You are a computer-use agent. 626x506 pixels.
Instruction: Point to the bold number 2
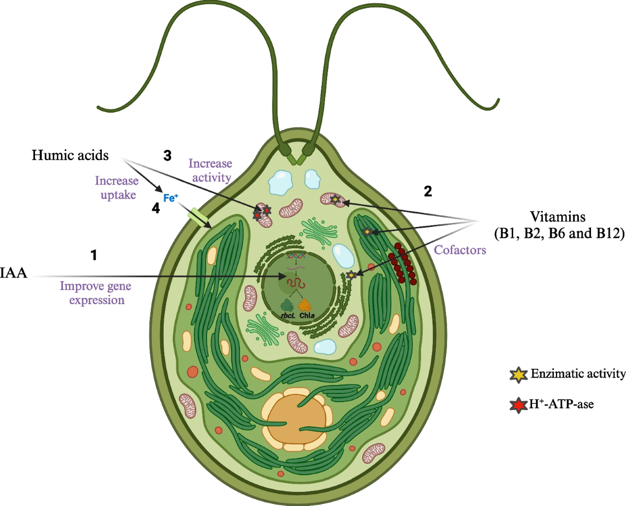tap(428, 192)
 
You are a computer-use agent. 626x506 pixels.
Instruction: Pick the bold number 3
tap(167, 155)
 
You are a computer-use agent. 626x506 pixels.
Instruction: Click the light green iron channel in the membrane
tap(198, 218)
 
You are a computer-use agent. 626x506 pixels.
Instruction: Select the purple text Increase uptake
tap(116, 187)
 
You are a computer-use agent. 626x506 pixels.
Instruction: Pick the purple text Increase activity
tap(209, 170)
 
